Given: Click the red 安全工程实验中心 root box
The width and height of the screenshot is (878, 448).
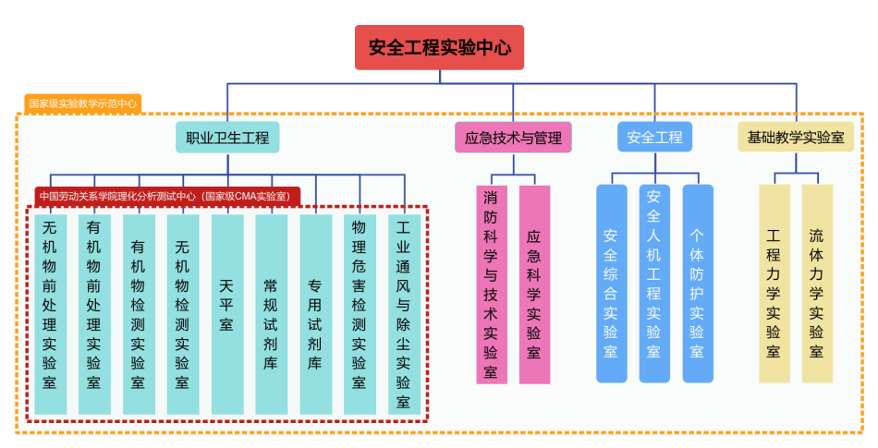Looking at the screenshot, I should pyautogui.click(x=439, y=47).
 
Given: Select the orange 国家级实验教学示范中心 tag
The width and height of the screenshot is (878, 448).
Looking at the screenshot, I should pyautogui.click(x=82, y=103).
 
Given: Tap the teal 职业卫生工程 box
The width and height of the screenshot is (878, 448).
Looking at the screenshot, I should pyautogui.click(x=227, y=138).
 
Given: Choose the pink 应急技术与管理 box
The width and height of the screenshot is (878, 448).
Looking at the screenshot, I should pyautogui.click(x=513, y=138).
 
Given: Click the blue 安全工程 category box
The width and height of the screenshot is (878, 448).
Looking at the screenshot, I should pyautogui.click(x=654, y=138).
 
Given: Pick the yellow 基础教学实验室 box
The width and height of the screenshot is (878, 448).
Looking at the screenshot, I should pyautogui.click(x=795, y=138).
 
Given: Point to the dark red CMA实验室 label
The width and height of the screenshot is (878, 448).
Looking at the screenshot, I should pyautogui.click(x=167, y=197).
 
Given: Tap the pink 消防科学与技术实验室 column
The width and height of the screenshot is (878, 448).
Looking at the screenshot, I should pyautogui.click(x=491, y=285).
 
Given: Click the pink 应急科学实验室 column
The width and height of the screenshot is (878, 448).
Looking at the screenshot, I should pyautogui.click(x=534, y=285).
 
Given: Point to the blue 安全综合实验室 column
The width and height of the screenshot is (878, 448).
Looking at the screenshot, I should pyautogui.click(x=611, y=284).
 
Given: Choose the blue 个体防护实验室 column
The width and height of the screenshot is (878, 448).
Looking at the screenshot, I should pyautogui.click(x=698, y=284).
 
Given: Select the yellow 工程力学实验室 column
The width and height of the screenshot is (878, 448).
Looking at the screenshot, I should pyautogui.click(x=774, y=284).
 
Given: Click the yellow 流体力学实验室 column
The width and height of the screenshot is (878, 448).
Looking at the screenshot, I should pyautogui.click(x=817, y=284).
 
